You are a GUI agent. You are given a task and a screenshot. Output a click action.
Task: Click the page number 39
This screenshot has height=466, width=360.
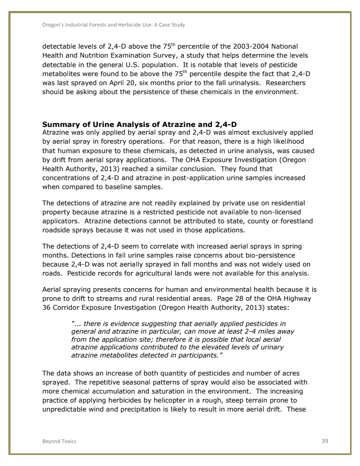pyautogui.click(x=324, y=441)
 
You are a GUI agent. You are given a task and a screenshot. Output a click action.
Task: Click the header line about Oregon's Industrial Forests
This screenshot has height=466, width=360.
pyautogui.click(x=113, y=25)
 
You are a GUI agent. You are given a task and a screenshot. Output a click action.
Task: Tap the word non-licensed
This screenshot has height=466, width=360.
pyautogui.click(x=279, y=211)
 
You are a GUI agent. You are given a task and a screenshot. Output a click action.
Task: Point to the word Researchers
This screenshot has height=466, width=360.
pyautogui.click(x=285, y=83)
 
